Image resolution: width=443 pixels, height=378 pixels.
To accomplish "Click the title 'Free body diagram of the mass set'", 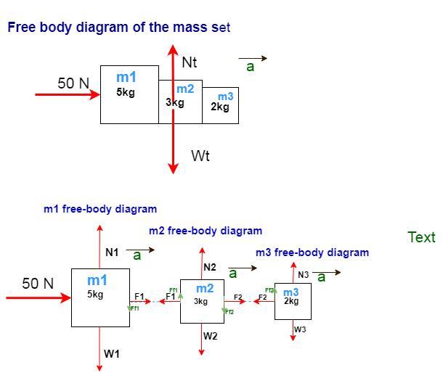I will [x=118, y=28].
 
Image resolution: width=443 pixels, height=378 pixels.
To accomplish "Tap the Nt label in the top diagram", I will [x=189, y=62].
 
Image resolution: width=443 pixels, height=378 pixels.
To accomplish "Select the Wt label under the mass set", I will [x=200, y=155].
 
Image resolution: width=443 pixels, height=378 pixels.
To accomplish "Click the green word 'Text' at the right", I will [x=421, y=237].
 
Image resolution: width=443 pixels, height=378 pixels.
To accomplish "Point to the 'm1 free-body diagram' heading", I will [x=100, y=209].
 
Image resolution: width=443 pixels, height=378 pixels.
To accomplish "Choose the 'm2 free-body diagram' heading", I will [x=206, y=231].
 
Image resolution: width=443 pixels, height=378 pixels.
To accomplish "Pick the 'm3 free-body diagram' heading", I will [x=312, y=252].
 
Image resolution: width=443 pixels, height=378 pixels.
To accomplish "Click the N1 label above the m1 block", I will [x=111, y=252].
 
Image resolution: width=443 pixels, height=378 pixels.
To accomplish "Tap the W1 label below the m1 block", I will [x=111, y=354].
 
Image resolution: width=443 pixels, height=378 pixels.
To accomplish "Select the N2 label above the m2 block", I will [x=210, y=268].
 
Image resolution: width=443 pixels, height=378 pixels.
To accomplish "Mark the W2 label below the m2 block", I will [x=210, y=336].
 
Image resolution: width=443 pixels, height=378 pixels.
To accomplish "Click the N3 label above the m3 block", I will [x=303, y=275].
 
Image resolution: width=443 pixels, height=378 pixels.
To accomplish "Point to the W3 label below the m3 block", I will [x=300, y=329].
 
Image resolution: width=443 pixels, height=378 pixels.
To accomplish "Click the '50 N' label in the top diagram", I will [x=73, y=83].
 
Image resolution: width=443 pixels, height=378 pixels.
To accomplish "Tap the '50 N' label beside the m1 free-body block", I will [x=38, y=284].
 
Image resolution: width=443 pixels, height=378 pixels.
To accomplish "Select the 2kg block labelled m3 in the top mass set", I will [x=221, y=105].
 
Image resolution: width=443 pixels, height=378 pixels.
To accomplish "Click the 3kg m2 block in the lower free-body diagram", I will [x=202, y=300].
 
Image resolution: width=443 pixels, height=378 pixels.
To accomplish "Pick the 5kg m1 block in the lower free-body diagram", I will [x=100, y=297].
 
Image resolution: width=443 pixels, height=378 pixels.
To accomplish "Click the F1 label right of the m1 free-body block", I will [x=139, y=297].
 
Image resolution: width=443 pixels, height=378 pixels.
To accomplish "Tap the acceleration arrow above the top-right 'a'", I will [x=253, y=58].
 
